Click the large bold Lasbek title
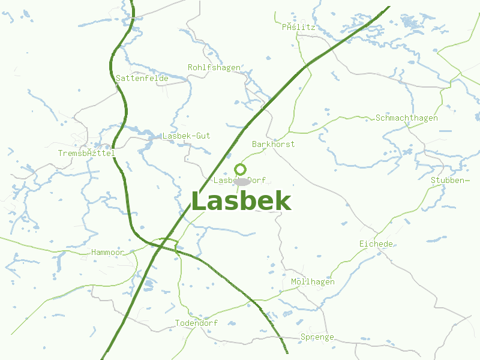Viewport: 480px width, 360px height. (x=241, y=202)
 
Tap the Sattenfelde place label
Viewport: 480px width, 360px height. (x=142, y=78)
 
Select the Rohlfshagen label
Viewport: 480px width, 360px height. (x=214, y=67)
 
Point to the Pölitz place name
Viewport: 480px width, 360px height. (x=298, y=27)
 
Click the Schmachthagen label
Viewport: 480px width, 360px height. (x=406, y=118)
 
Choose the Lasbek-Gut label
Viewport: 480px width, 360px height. (x=186, y=136)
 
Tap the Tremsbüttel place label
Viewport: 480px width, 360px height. (x=86, y=153)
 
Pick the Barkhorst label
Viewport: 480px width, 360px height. (x=273, y=144)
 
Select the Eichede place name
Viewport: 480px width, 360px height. (x=376, y=244)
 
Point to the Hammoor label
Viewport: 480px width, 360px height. (x=108, y=253)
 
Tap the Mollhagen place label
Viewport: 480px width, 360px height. (x=313, y=282)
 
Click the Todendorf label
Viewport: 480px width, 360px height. (x=196, y=323)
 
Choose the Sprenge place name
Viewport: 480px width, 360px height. (x=317, y=337)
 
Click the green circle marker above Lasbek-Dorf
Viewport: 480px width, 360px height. (x=241, y=169)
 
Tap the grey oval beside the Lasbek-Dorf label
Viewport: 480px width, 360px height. (x=242, y=181)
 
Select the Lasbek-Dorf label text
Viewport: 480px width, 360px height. (x=239, y=180)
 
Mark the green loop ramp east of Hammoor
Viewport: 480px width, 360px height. (x=168, y=243)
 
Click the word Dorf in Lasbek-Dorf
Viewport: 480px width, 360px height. (x=256, y=180)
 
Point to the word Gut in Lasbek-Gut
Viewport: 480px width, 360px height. (x=202, y=136)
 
